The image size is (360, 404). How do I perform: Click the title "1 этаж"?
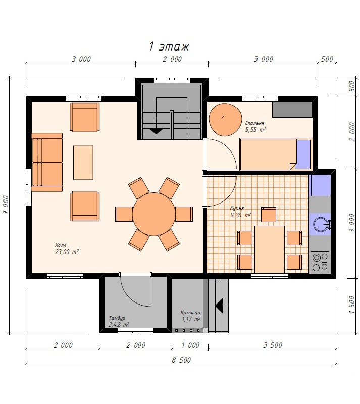pos(169,46)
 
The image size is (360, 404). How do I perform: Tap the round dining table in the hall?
pos(154,214)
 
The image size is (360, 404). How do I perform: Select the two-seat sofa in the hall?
pos(47,162)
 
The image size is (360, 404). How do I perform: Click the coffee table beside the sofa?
pos(83,162)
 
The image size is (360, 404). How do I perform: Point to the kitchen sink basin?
pos(320,224)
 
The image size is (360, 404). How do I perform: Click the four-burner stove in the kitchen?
pos(320,262)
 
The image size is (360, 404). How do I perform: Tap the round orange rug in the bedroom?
pos(225,120)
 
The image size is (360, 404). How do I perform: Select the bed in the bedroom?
pos(275,154)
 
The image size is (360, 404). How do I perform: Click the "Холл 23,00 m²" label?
pos(67,249)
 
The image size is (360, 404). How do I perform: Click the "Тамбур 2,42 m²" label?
pos(119,321)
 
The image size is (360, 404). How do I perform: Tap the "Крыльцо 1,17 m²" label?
pos(190,316)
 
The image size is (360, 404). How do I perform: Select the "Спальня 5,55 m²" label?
pos(255,127)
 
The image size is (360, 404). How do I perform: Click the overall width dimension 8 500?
pos(181,360)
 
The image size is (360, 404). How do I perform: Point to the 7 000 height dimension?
pos(6,205)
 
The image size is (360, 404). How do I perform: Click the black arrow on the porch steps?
pos(219,306)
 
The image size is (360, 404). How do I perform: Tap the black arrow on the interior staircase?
pos(156,131)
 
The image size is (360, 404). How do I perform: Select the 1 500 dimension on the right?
pos(352,305)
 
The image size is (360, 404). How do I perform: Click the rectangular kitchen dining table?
pos(270,249)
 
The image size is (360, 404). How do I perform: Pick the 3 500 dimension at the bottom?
pos(273,345)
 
